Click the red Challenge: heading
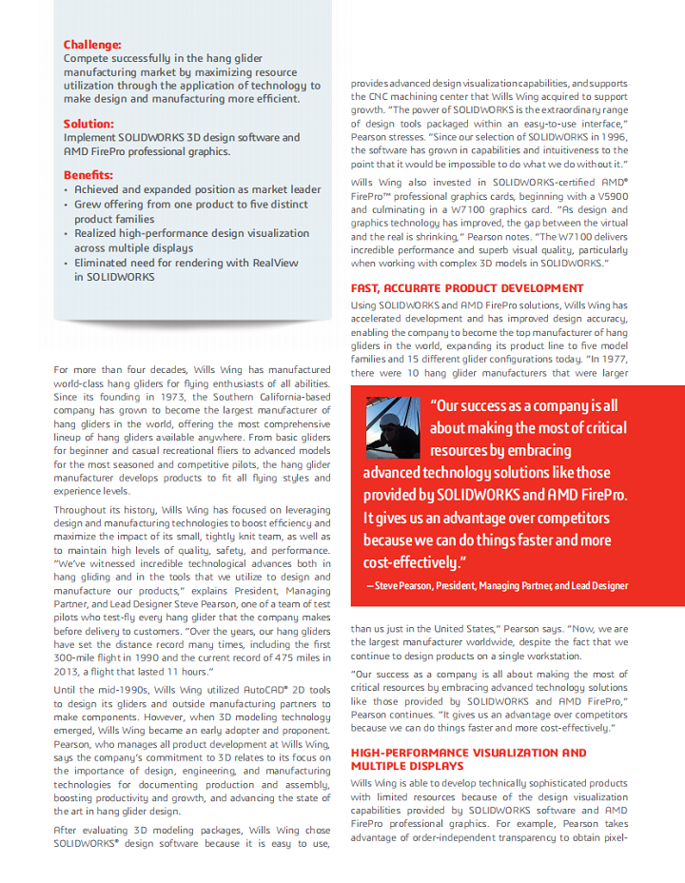click(x=92, y=45)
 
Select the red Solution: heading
click(x=88, y=124)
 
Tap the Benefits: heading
click(x=88, y=175)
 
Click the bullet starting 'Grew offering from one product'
click(x=191, y=205)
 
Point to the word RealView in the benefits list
click(x=276, y=263)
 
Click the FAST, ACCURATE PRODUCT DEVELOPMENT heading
click(x=467, y=288)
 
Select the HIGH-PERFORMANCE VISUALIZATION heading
click(x=468, y=753)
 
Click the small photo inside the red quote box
click(x=392, y=426)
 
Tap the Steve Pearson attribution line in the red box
click(x=497, y=586)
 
